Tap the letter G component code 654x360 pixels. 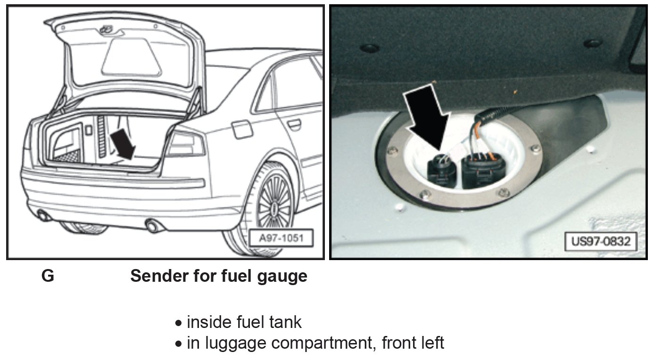[48, 276]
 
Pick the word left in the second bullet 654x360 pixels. [430, 343]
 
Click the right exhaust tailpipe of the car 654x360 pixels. [153, 225]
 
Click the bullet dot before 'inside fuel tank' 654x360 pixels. [178, 324]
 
